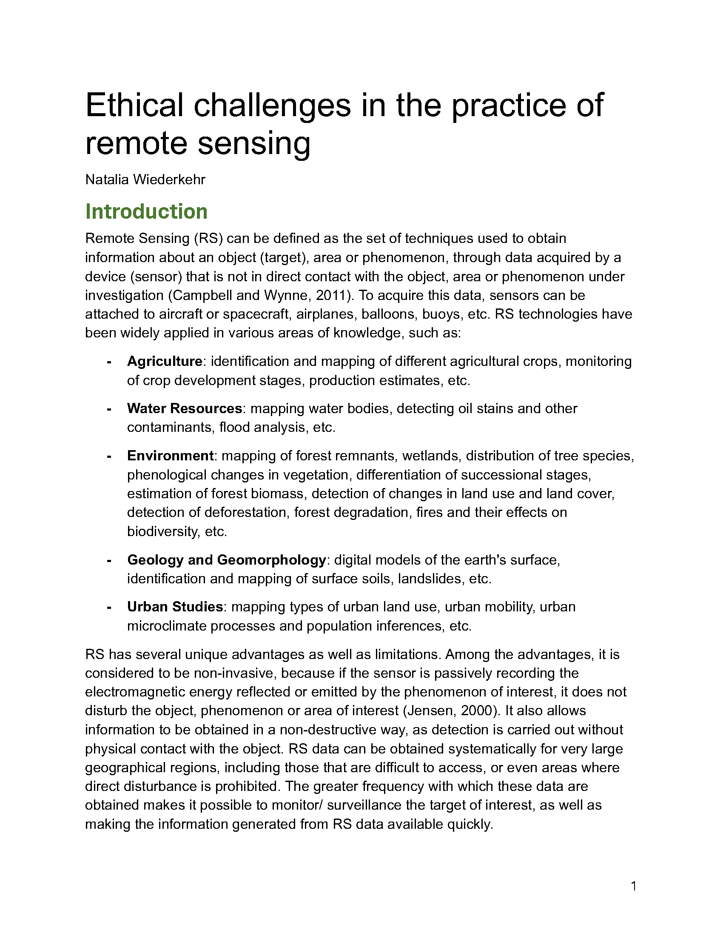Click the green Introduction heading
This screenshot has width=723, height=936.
pyautogui.click(x=146, y=212)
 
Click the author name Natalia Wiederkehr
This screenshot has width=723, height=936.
pyautogui.click(x=145, y=180)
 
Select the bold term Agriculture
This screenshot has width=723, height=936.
pyautogui.click(x=165, y=361)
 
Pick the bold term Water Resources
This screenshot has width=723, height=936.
pyautogui.click(x=185, y=408)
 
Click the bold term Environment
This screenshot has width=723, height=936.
pyautogui.click(x=170, y=455)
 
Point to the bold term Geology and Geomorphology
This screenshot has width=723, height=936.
pyautogui.click(x=227, y=560)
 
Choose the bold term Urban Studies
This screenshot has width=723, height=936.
pyautogui.click(x=175, y=607)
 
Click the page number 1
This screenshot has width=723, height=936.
pyautogui.click(x=634, y=886)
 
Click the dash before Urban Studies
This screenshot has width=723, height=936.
pyautogui.click(x=109, y=607)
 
